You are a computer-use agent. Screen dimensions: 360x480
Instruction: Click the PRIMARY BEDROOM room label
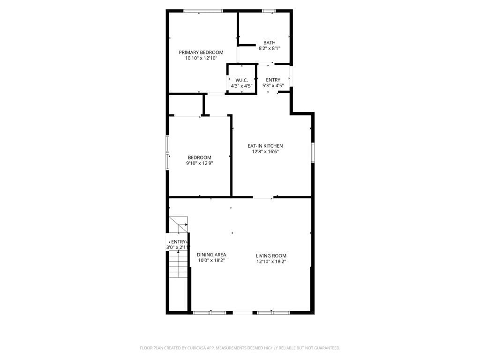click(x=201, y=52)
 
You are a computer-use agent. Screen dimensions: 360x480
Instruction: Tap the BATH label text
click(x=269, y=43)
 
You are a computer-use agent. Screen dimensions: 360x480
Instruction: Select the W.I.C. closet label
click(x=241, y=80)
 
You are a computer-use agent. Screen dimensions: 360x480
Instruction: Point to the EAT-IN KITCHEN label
click(x=265, y=146)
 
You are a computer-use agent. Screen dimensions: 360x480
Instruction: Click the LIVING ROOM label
click(x=271, y=256)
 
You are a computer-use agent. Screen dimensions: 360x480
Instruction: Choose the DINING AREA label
click(x=211, y=255)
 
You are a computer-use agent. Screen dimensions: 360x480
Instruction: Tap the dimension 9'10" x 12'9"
click(x=199, y=163)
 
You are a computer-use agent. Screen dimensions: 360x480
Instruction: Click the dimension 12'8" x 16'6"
click(x=265, y=151)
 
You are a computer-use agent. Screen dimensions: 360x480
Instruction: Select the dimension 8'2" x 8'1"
click(x=269, y=48)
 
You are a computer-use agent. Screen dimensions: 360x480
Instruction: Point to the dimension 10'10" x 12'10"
click(x=201, y=58)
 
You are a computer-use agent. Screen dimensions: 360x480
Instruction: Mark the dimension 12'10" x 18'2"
click(x=271, y=261)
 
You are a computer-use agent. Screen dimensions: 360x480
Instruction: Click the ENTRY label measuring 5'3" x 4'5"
click(x=273, y=80)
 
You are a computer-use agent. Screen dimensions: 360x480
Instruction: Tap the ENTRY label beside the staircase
click(x=178, y=242)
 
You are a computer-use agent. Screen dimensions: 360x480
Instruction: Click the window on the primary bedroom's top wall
click(x=202, y=11)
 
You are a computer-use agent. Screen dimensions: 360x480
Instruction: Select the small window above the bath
click(x=269, y=11)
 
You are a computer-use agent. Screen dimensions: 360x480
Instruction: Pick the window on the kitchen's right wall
click(x=313, y=153)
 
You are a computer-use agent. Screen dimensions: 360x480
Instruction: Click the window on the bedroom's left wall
click(x=167, y=152)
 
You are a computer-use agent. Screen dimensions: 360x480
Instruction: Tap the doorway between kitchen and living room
click(x=263, y=198)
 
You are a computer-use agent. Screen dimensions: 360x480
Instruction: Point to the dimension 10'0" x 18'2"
click(x=211, y=260)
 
